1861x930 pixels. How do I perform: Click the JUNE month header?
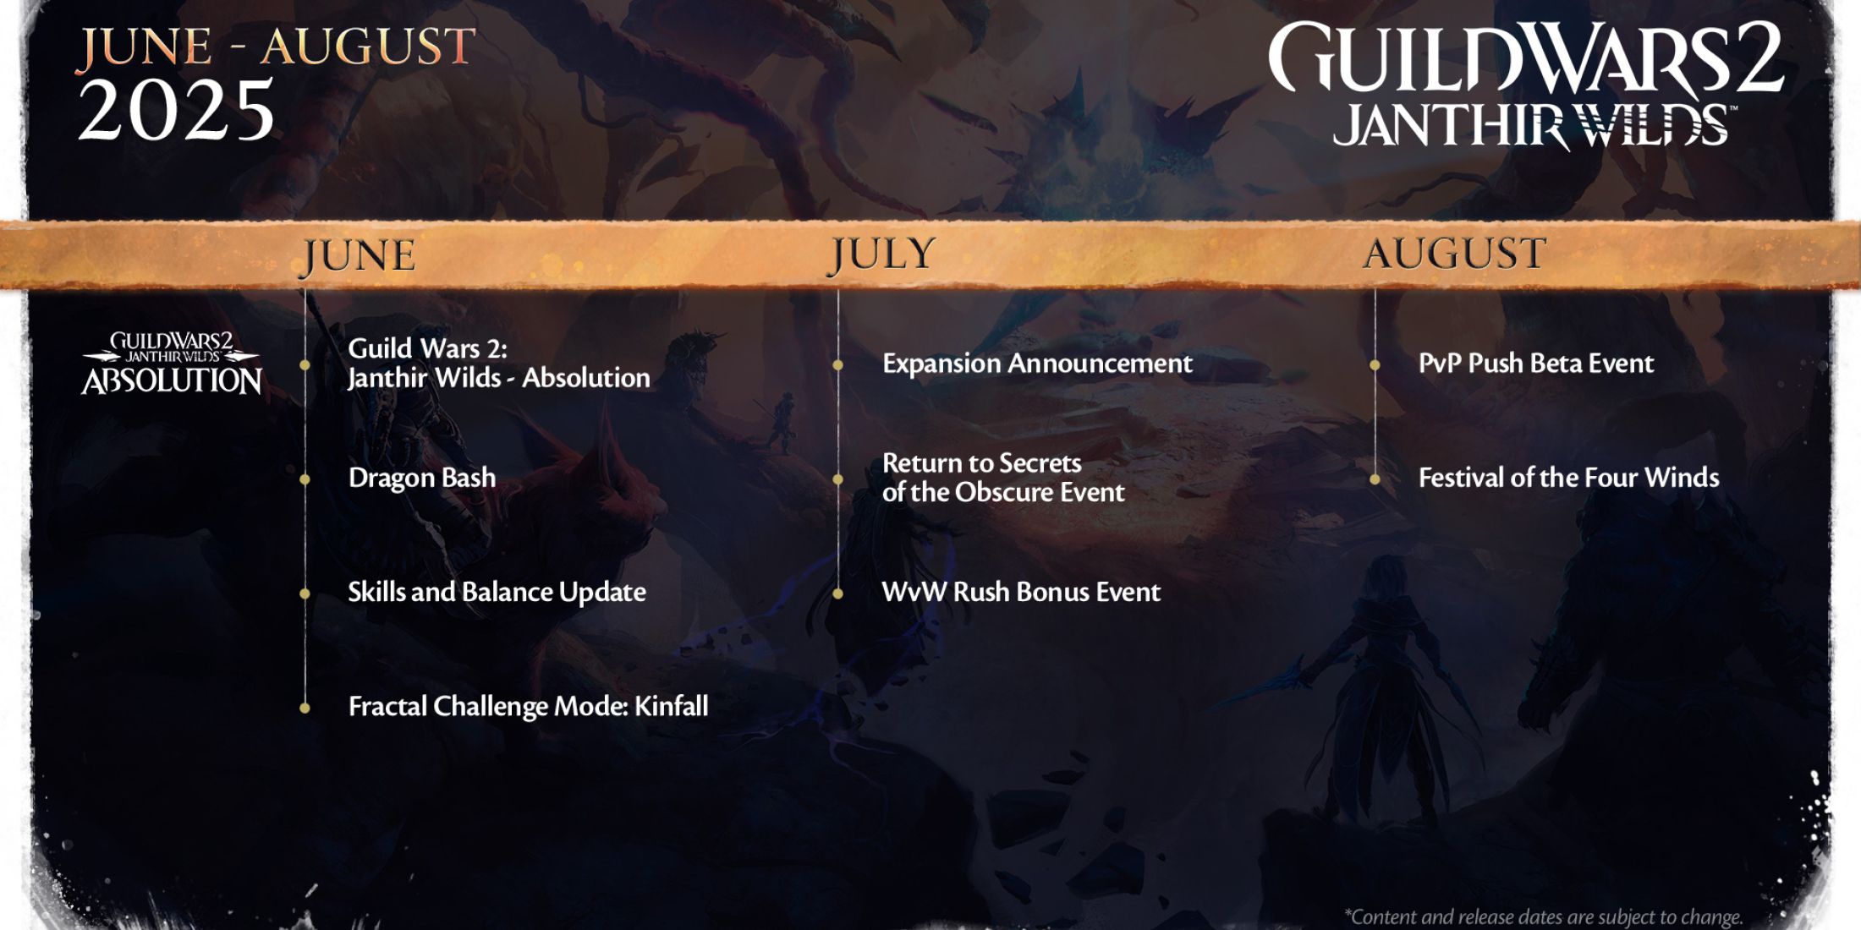359,256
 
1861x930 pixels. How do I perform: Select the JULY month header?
882,254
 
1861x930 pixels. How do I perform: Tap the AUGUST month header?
1455,254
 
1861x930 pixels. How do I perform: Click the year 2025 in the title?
177,110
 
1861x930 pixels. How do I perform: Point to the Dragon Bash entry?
422,478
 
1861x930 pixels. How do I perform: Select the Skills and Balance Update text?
497,592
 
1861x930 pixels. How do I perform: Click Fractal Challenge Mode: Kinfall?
528,706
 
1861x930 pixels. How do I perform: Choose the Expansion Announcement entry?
1037,364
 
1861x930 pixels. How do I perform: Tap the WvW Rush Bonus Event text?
1021,592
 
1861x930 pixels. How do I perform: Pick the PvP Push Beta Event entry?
1535,364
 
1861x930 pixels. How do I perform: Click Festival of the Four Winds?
1568,478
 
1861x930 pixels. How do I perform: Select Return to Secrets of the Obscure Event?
1003,478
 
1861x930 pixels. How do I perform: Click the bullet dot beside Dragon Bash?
305,479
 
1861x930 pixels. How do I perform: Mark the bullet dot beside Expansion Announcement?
837,365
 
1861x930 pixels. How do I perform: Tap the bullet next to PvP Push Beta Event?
1375,365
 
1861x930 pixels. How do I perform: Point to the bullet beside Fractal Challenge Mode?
305,708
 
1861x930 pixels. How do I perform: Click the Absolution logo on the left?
172,364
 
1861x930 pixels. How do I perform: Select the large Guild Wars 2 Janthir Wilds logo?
1526,85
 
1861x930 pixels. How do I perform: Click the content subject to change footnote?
1543,916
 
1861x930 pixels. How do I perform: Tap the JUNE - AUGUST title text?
277,46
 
